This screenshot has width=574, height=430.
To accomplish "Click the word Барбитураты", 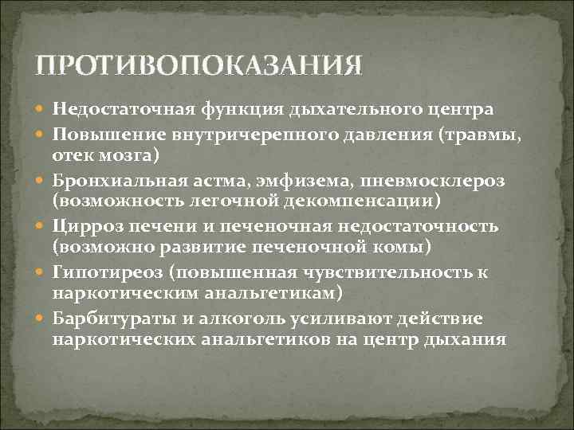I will click(x=110, y=318).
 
